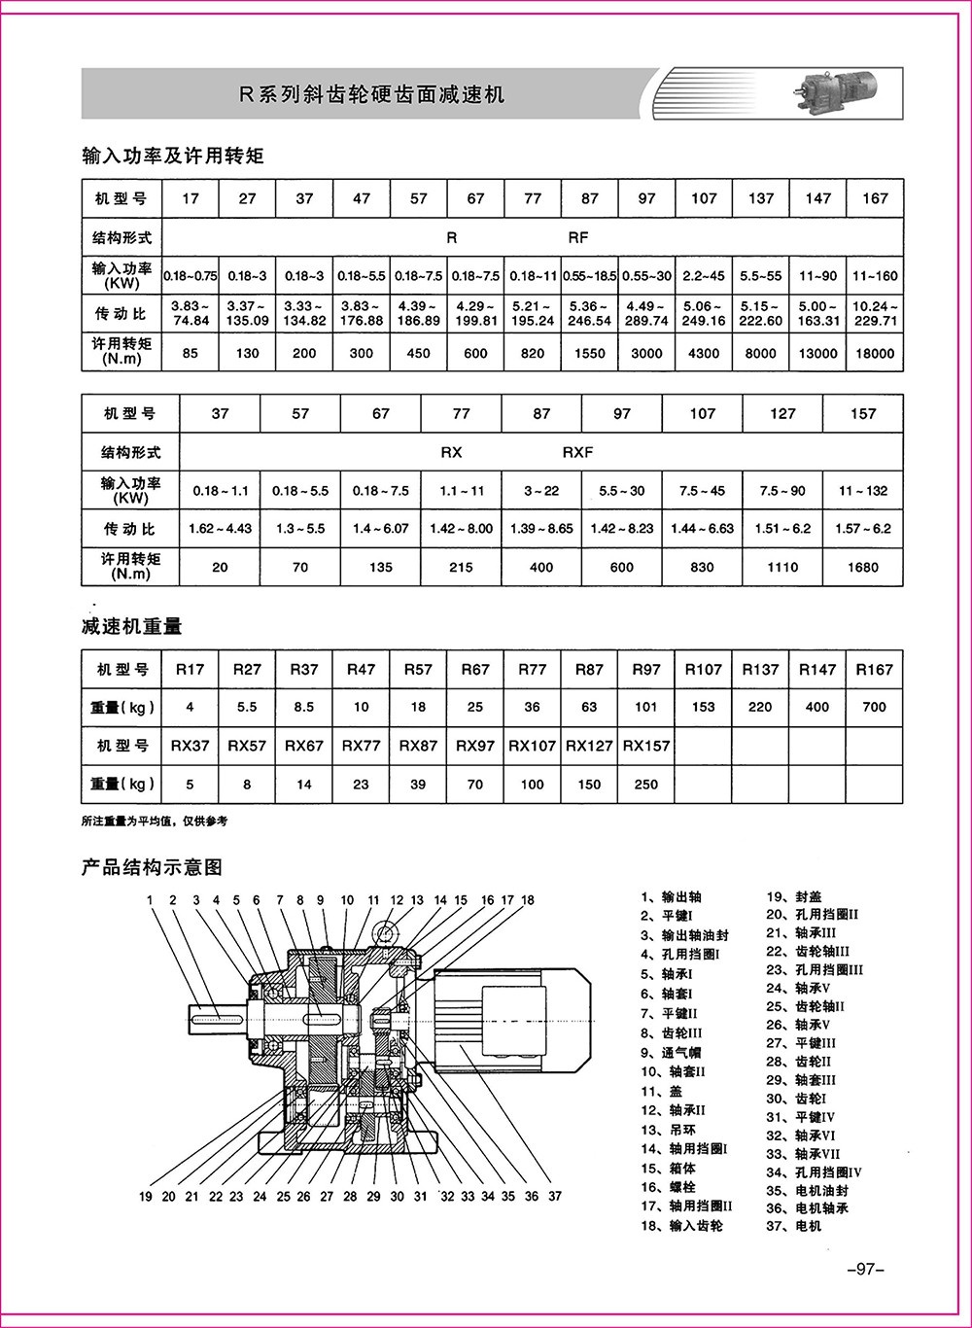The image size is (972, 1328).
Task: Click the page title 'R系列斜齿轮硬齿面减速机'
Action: pyautogui.click(x=372, y=95)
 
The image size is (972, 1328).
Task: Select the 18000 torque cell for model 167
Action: pyautogui.click(x=874, y=354)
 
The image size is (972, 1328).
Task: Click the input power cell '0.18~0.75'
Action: pyautogui.click(x=190, y=276)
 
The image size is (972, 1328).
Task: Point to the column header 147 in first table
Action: pyautogui.click(x=817, y=198)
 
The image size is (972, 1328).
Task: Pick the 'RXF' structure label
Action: pyautogui.click(x=577, y=452)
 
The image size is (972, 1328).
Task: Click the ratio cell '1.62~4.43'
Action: pyautogui.click(x=221, y=529)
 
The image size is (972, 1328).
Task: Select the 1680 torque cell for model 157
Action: pyautogui.click(x=862, y=568)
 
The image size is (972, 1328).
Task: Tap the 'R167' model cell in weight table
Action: pyautogui.click(x=874, y=669)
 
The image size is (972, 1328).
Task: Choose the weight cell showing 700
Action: pyautogui.click(x=874, y=707)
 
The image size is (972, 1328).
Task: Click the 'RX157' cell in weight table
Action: pyautogui.click(x=645, y=746)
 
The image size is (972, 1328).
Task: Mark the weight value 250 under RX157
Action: pyautogui.click(x=645, y=784)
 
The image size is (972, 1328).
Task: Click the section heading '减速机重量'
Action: pyautogui.click(x=132, y=627)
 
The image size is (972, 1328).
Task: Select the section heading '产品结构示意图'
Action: pyautogui.click(x=153, y=865)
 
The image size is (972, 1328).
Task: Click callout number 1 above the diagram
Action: pyautogui.click(x=150, y=900)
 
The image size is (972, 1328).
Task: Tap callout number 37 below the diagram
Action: pyautogui.click(x=555, y=1196)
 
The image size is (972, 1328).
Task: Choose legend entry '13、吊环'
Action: pyautogui.click(x=668, y=1130)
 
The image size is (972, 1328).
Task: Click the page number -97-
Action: pyautogui.click(x=863, y=1269)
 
